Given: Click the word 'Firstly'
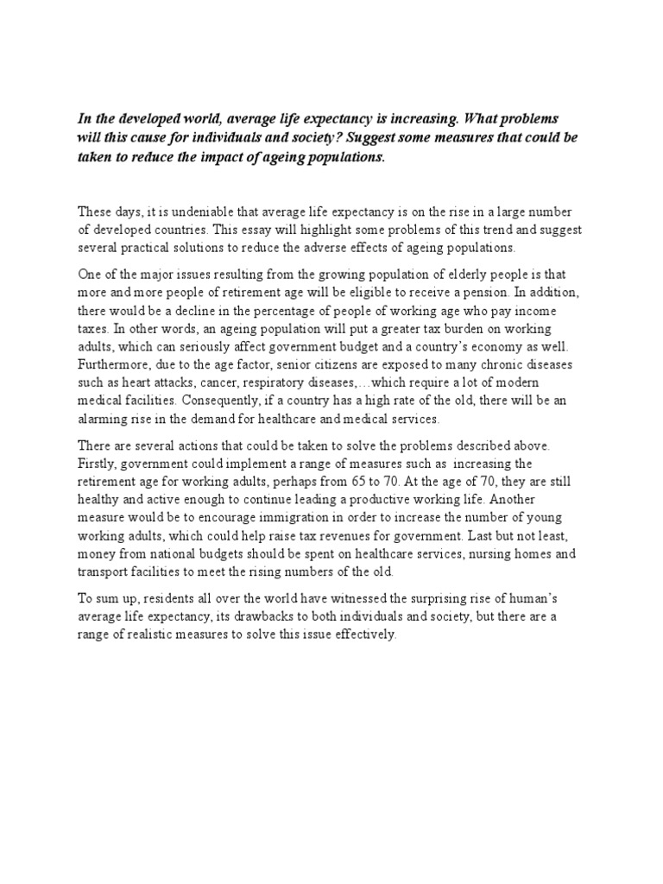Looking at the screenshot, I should [x=95, y=463].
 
